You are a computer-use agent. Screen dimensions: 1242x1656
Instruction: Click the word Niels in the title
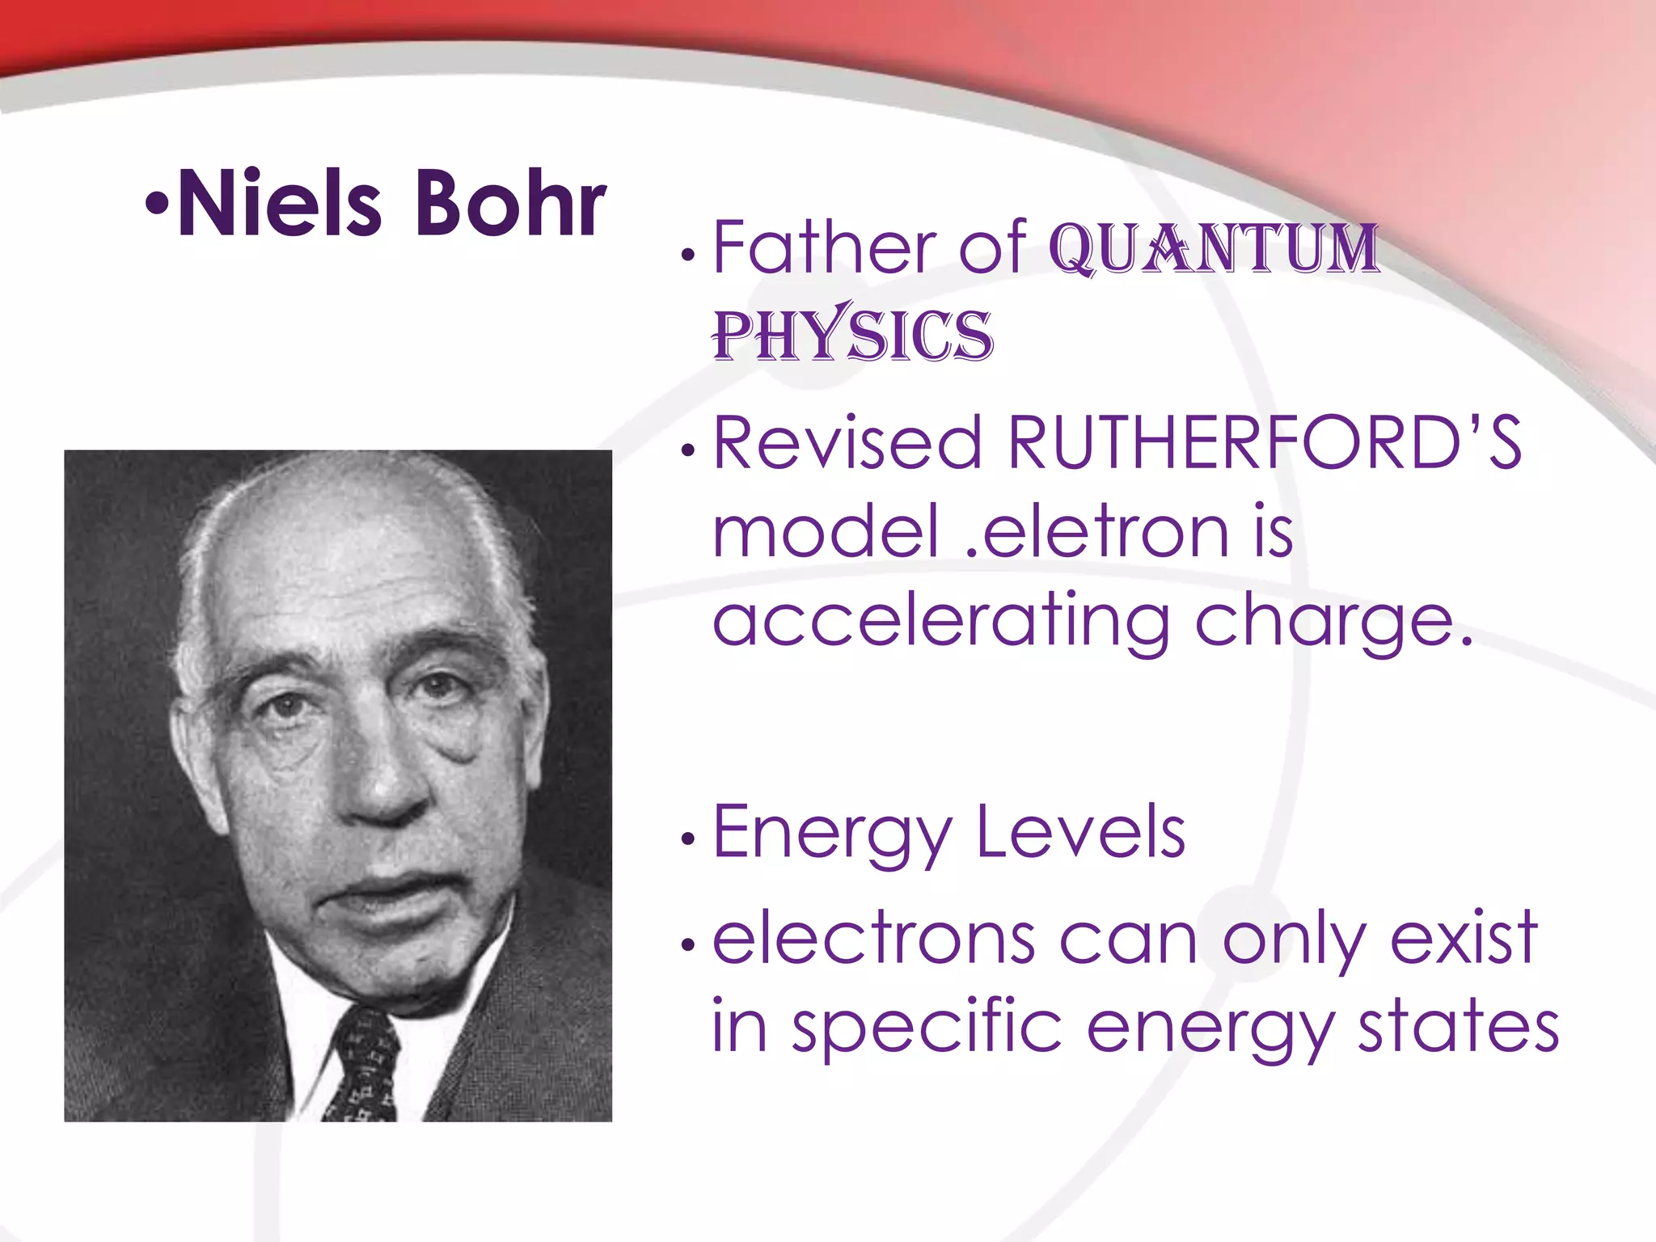pos(279,204)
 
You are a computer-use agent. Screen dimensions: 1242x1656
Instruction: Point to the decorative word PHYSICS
pos(852,335)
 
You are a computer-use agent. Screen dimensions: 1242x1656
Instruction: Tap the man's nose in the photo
pos(388,776)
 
